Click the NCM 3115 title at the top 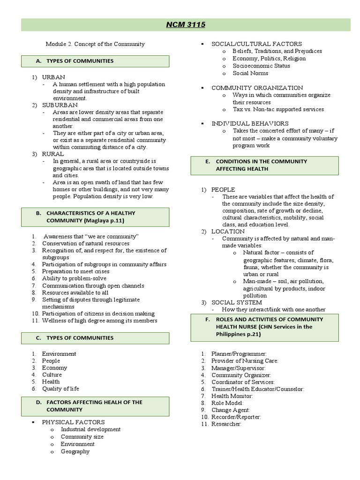coord(186,24)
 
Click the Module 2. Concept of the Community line coord(95,44)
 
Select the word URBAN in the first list coord(53,77)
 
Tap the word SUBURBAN coord(60,105)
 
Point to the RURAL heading coord(53,154)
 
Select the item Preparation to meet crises coord(75,271)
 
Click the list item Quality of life coord(60,389)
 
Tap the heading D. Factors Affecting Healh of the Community coord(94,405)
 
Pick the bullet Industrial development coord(90,429)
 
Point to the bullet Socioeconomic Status coord(261,66)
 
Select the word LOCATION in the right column coord(228,231)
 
